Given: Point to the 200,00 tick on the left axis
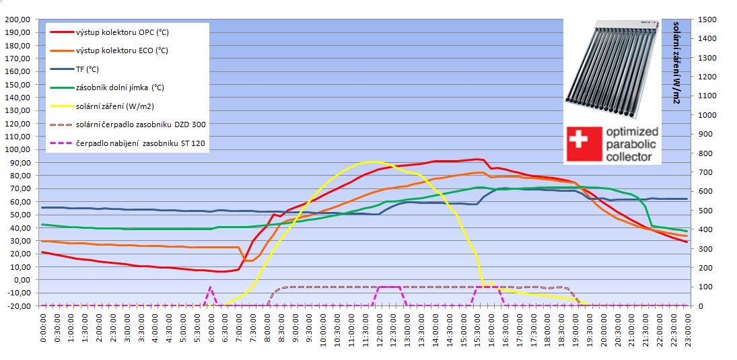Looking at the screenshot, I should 17,19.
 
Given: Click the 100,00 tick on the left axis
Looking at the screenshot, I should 17,149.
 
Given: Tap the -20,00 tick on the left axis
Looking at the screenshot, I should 17,305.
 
